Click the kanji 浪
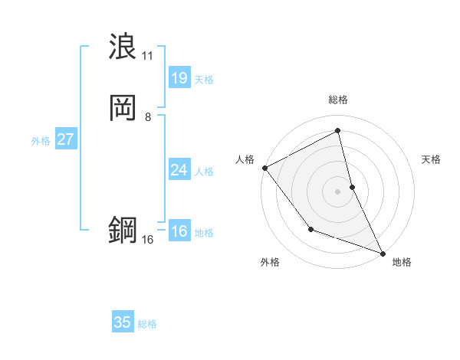pos(123,47)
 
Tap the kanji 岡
pos(123,108)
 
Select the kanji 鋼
pos(123,231)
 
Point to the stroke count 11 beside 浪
pos(148,56)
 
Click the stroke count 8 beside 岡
pos(148,117)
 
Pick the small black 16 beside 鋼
pos(148,240)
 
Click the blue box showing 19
pos(179,78)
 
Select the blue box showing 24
pos(179,170)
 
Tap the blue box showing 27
pos(65,139)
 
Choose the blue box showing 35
pos(123,322)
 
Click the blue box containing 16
pos(179,231)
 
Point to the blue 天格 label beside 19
pos(204,80)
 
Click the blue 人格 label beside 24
pos(204,172)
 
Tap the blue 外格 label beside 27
pos(41,141)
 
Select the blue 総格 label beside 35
pos(147,324)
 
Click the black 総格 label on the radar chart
pos(338,100)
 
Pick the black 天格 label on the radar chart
pos(432,159)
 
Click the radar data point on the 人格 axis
pos(264,167)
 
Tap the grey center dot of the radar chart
pos(338,191)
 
